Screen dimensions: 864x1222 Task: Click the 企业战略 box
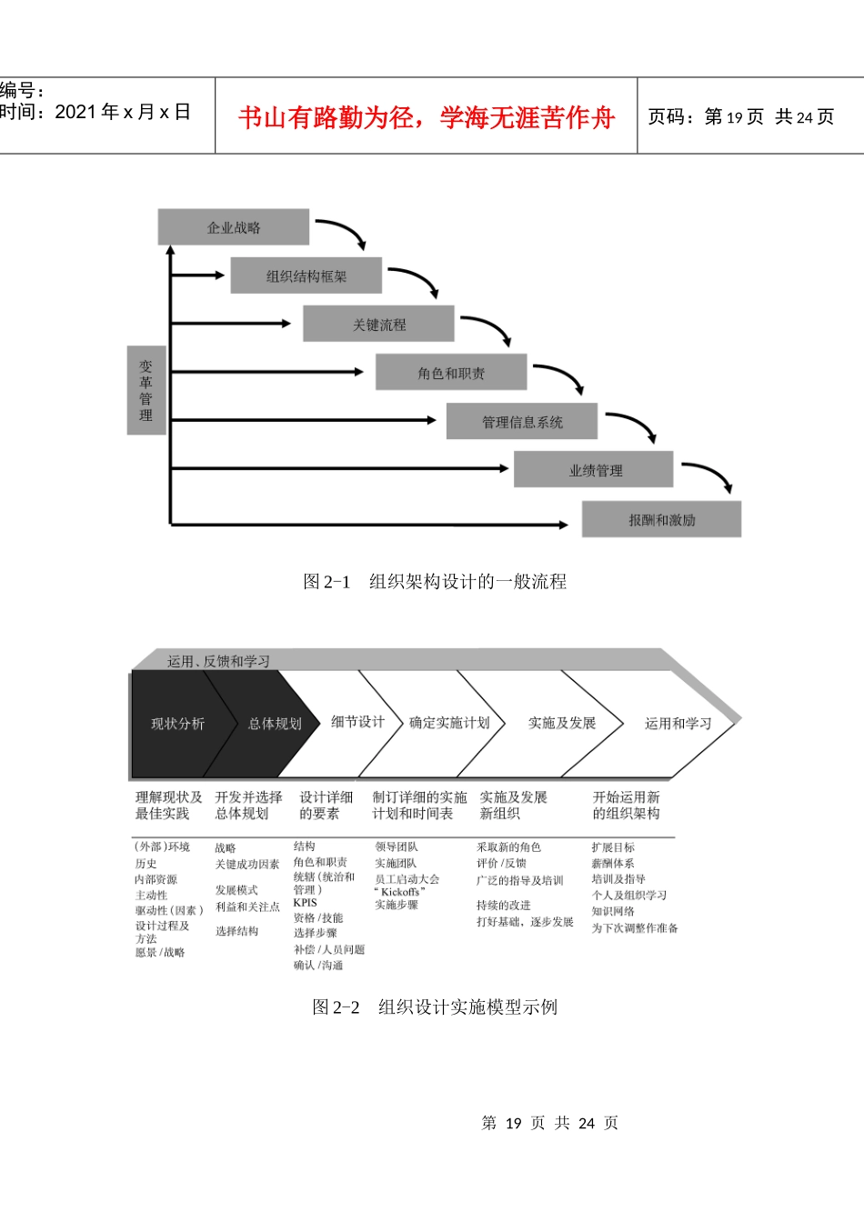234,227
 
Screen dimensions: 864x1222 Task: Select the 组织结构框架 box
306,275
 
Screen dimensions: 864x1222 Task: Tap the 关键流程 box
378,324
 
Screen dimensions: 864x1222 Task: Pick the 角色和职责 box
451,373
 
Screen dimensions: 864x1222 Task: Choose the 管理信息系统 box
522,421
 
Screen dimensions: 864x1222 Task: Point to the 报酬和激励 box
661,519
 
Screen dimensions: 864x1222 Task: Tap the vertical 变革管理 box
146,390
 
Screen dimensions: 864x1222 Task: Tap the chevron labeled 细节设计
357,722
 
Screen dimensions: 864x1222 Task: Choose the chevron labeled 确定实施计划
448,723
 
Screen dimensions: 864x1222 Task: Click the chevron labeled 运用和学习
678,724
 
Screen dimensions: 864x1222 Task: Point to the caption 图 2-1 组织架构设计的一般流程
435,582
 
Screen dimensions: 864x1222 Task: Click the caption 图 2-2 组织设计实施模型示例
435,1007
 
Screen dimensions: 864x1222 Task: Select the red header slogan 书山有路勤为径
427,117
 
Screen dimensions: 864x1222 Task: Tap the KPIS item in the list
306,903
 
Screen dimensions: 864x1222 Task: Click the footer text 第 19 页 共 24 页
549,1123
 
